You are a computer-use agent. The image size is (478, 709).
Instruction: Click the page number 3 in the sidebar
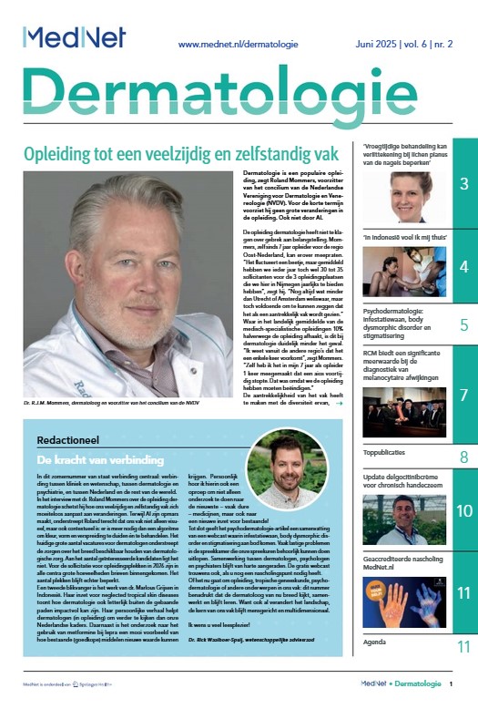click(x=463, y=185)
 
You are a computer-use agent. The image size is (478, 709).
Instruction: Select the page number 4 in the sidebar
click(x=463, y=267)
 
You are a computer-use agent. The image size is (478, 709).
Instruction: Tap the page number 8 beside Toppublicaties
click(x=463, y=457)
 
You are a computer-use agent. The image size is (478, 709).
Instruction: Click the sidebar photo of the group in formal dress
click(x=404, y=412)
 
